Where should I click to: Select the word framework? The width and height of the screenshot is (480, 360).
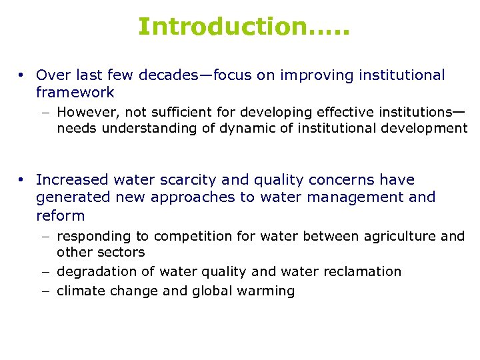[x=75, y=93]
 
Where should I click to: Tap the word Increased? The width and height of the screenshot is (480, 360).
[x=73, y=180]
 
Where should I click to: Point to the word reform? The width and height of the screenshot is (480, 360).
[x=61, y=215]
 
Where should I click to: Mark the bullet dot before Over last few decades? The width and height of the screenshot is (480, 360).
[x=22, y=75]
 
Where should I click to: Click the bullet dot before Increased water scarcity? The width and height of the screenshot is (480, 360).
[x=22, y=180]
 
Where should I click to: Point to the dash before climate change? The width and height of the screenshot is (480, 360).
[x=47, y=291]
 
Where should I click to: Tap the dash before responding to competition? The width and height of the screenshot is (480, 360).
[x=47, y=237]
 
